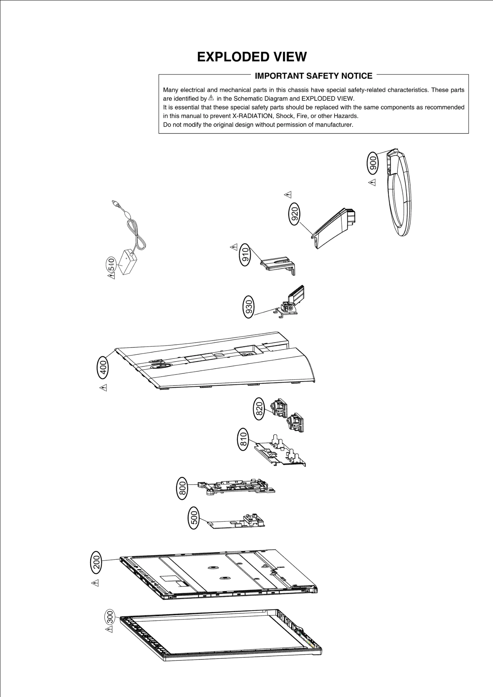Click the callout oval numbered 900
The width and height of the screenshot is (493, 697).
tap(373, 163)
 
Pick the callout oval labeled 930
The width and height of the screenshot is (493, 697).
tap(249, 306)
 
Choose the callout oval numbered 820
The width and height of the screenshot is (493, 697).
tap(259, 409)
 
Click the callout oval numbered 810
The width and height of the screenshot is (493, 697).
tap(243, 439)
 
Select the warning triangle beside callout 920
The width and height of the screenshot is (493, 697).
tap(288, 194)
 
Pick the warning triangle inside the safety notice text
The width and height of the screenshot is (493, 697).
tap(211, 98)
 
